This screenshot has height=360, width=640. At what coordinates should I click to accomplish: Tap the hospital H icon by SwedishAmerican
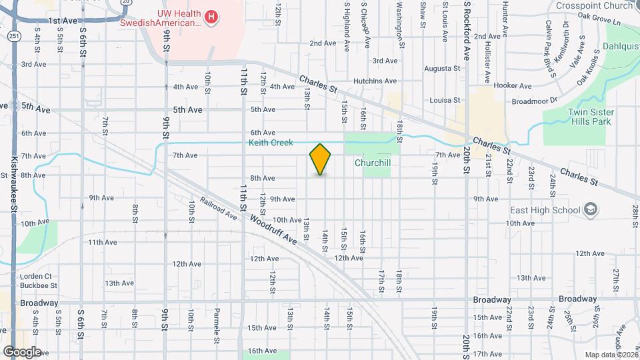[x=211, y=16]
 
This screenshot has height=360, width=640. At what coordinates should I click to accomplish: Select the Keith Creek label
[x=271, y=143]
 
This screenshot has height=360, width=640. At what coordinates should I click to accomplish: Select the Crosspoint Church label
[x=595, y=5]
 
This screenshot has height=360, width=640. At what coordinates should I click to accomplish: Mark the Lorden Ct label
[x=35, y=276]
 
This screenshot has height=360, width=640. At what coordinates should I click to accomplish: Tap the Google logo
[x=22, y=351]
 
